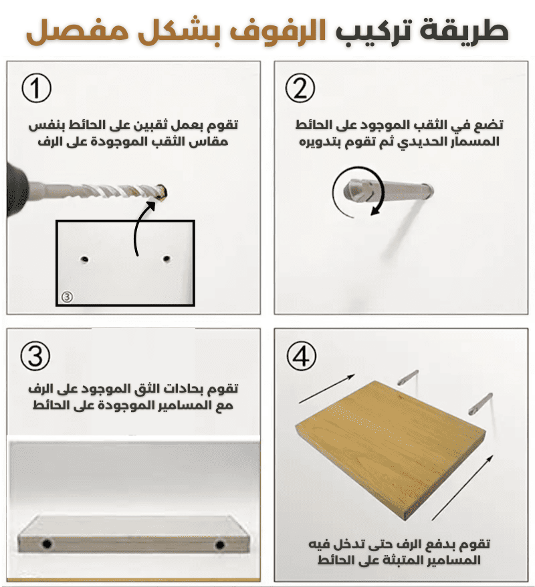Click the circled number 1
click(x=36, y=88)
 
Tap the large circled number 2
click(x=300, y=88)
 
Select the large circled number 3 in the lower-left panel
click(x=35, y=356)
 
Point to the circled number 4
click(x=302, y=356)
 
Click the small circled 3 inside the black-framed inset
click(x=67, y=297)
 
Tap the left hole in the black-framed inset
click(x=85, y=259)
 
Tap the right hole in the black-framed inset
click(x=167, y=258)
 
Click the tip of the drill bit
click(x=163, y=192)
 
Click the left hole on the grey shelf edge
click(x=47, y=544)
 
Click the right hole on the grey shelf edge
click(x=220, y=544)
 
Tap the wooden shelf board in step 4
click(x=391, y=449)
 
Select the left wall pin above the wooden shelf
click(x=408, y=377)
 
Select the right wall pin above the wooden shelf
click(x=481, y=403)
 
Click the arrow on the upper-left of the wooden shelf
click(x=326, y=389)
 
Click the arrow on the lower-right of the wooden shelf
click(x=462, y=487)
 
